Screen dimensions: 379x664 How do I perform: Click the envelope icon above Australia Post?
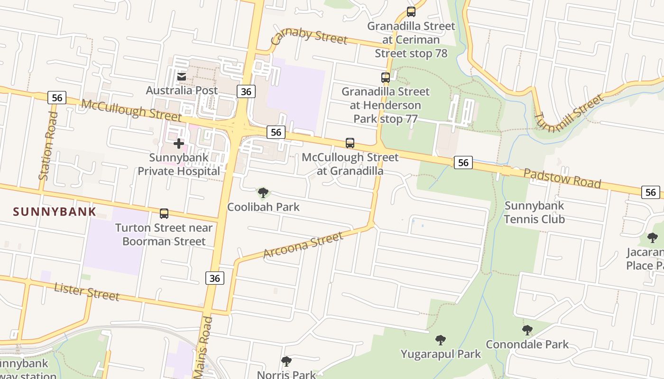(181, 76)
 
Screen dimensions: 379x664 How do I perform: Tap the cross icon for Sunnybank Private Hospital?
(179, 143)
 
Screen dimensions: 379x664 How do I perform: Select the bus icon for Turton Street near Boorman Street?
(164, 214)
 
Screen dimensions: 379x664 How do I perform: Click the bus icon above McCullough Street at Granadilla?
(350, 143)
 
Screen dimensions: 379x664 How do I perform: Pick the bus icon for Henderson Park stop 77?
(386, 77)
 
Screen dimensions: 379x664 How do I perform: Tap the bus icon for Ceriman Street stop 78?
(411, 12)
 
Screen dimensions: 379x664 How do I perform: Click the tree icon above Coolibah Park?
(263, 193)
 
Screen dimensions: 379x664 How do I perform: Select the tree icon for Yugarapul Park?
(441, 340)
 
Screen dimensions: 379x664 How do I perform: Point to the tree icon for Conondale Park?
(527, 330)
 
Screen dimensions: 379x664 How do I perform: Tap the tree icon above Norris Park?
(286, 361)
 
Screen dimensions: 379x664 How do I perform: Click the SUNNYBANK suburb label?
(55, 212)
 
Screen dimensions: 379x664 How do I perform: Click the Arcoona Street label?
(303, 245)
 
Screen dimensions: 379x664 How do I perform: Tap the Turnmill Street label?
(569, 114)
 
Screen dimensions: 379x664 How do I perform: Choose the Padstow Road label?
(562, 178)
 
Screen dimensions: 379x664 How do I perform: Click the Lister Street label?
(86, 291)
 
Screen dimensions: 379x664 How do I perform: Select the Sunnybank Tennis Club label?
(534, 212)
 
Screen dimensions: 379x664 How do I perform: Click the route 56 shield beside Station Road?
(57, 98)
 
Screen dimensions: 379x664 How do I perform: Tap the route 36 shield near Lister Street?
(215, 278)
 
